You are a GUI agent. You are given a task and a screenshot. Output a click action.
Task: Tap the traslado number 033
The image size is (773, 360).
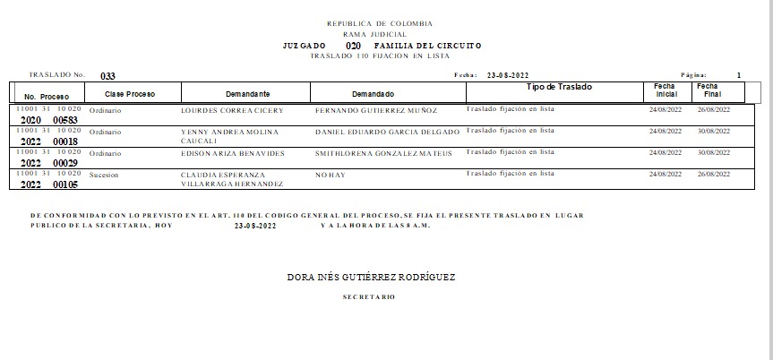click(x=107, y=76)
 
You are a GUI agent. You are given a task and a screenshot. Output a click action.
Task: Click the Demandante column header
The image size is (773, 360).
click(x=248, y=94)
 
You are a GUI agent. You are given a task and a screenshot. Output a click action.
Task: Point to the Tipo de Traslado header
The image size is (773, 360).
click(x=560, y=87)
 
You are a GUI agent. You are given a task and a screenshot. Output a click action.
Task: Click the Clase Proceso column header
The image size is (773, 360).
click(x=131, y=94)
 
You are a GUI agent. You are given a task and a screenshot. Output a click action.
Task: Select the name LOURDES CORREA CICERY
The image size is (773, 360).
click(x=232, y=110)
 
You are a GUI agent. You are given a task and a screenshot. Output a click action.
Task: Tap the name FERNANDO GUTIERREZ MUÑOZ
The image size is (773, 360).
click(x=376, y=110)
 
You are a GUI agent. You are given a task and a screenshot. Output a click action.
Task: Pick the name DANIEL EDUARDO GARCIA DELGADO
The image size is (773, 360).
click(x=387, y=132)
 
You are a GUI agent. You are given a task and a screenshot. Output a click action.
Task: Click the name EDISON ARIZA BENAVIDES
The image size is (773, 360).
click(x=232, y=153)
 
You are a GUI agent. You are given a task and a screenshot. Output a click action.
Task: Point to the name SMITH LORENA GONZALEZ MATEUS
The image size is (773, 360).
click(x=383, y=153)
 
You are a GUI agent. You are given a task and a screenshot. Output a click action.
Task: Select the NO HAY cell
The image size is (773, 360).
click(x=330, y=175)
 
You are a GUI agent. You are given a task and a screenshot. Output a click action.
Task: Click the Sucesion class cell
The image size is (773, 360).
click(x=105, y=175)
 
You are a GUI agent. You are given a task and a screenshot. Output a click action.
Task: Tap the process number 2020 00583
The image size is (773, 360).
click(x=50, y=120)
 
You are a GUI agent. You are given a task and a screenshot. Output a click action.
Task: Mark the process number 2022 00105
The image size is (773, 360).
click(x=50, y=184)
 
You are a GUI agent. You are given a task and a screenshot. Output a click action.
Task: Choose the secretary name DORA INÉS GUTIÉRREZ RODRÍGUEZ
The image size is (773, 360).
click(x=371, y=278)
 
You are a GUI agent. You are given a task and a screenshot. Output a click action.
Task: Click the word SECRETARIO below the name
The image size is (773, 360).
click(x=368, y=296)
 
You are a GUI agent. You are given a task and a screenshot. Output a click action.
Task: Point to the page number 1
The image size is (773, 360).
click(x=739, y=75)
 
